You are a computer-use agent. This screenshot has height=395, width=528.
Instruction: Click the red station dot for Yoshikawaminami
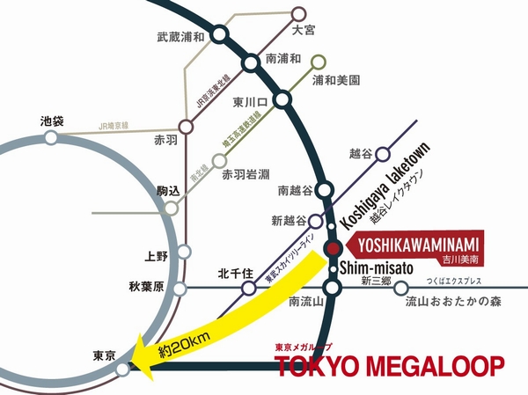pos(333,248)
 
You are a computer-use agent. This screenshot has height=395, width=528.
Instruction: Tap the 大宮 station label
pos(302,30)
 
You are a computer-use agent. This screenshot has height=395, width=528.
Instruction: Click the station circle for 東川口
pos(282,100)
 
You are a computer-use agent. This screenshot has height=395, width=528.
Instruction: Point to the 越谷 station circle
pos(383,154)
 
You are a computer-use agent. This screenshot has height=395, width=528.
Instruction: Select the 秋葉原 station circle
pos(180,288)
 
